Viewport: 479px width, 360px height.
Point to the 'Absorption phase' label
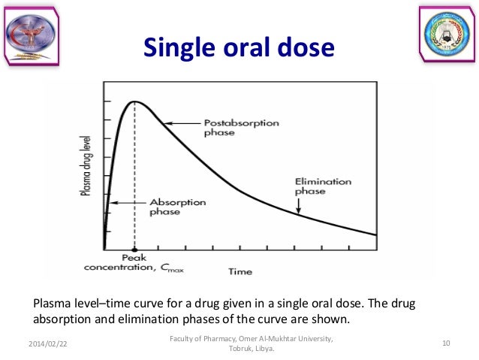(174, 206)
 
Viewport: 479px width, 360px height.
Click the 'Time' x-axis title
(240, 271)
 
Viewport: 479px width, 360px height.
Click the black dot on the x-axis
(134, 249)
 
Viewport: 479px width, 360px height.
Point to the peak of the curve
(134, 101)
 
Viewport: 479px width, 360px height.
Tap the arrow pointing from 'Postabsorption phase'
(180, 123)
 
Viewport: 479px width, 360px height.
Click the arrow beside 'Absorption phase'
(126, 202)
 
